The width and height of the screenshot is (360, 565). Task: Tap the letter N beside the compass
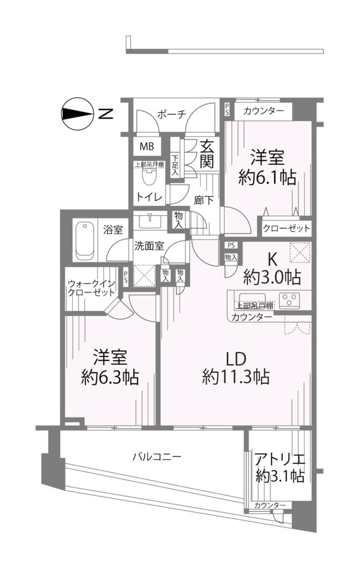coord(106,114)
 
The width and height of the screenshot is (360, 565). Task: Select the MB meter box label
coord(147,146)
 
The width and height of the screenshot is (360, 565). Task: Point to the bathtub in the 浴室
coord(85,241)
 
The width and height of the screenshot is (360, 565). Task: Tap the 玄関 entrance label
coord(208,154)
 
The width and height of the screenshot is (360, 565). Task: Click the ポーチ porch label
coord(172,114)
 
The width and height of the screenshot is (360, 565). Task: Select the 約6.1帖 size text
coord(267,177)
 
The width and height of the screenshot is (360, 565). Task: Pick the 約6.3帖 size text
coord(110,377)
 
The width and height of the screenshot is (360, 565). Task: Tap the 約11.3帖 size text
coord(236,377)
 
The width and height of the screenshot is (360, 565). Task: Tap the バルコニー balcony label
coord(157,457)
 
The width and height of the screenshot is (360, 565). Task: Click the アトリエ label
coord(280,460)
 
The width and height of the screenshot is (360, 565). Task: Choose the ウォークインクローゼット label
coord(91,287)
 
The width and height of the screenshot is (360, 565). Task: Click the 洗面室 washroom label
coord(149,246)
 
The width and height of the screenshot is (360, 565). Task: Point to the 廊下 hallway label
coord(204,200)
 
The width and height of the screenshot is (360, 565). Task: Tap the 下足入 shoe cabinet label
coord(175,165)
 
